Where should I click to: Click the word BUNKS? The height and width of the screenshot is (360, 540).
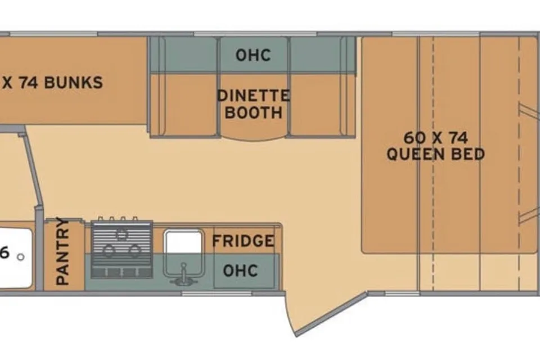pyautogui.click(x=73, y=83)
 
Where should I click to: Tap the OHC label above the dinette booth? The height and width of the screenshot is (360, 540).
pyautogui.click(x=253, y=55)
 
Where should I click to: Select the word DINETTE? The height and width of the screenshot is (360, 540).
pyautogui.click(x=254, y=96)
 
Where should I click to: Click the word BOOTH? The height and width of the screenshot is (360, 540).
pyautogui.click(x=254, y=112)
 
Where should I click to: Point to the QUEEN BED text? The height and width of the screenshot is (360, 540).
pyautogui.click(x=435, y=154)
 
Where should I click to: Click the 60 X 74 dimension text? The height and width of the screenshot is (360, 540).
pyautogui.click(x=435, y=138)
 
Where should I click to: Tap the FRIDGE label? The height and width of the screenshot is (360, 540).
pyautogui.click(x=243, y=241)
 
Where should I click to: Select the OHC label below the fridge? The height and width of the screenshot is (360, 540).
pyautogui.click(x=240, y=271)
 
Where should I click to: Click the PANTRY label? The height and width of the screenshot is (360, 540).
pyautogui.click(x=62, y=251)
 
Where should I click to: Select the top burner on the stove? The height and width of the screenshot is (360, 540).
pyautogui.click(x=121, y=235)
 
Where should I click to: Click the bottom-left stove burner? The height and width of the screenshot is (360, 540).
pyautogui.click(x=108, y=250)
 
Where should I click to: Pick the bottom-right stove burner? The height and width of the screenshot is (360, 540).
pyautogui.click(x=134, y=250)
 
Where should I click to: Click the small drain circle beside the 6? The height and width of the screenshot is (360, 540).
pyautogui.click(x=21, y=257)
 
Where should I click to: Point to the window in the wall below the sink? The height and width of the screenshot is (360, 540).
pyautogui.click(x=217, y=294)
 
